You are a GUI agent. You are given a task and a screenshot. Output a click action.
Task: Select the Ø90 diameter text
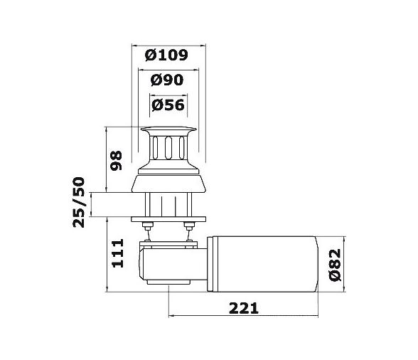tap(168, 80)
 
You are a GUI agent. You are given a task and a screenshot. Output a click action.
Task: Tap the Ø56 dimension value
tap(168, 105)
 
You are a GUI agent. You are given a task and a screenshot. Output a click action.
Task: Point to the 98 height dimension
tap(117, 160)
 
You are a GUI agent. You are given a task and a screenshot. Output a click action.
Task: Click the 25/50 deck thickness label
tap(80, 203)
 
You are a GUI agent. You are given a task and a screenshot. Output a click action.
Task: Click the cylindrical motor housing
tap(266, 263)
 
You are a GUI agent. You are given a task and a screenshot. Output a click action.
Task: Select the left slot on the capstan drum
tap(154, 148)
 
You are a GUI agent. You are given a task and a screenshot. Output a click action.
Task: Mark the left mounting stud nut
tap(146, 227)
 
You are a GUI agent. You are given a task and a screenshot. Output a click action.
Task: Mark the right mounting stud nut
tap(189, 227)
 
